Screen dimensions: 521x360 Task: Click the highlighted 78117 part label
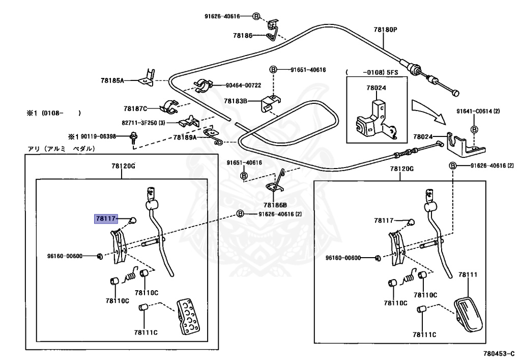(x=106, y=219)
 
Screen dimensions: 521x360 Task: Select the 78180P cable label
(x=385, y=30)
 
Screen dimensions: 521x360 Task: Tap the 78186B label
(x=275, y=205)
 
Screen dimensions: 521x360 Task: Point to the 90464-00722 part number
(x=243, y=86)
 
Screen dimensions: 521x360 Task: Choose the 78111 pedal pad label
(x=468, y=274)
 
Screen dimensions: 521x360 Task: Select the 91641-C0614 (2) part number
(x=478, y=112)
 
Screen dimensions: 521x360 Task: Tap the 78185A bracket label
(x=112, y=80)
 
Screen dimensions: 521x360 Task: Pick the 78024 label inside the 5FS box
(x=376, y=88)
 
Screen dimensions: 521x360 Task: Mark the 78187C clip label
(x=135, y=108)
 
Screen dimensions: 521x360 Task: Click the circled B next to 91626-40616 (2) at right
(x=452, y=165)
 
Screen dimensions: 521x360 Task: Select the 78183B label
(x=235, y=101)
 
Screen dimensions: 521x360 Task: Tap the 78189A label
(x=185, y=137)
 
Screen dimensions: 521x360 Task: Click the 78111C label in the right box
(x=424, y=335)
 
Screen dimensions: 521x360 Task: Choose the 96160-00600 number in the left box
(x=65, y=256)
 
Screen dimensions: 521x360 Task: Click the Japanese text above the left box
(x=61, y=149)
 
